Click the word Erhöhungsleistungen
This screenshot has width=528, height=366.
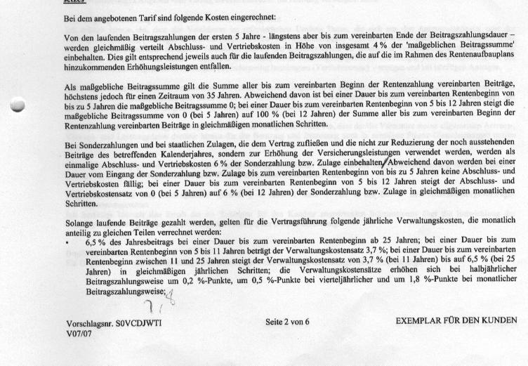click(x=160, y=67)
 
